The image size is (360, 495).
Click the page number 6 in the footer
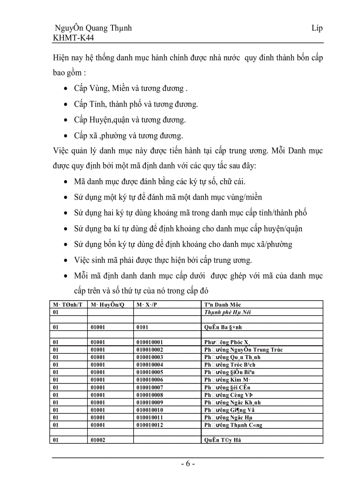pos(187,464)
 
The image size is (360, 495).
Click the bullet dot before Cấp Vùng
pos(66,89)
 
